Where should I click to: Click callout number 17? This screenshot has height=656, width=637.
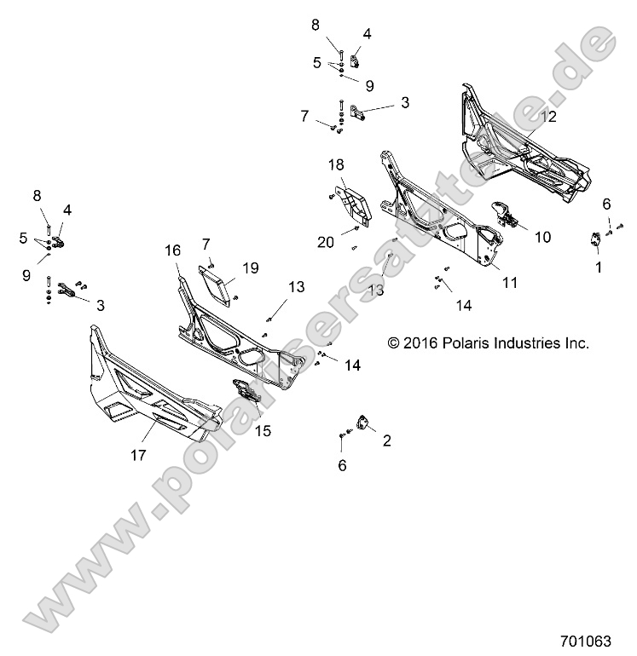[138, 455]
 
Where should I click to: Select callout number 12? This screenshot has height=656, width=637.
[548, 117]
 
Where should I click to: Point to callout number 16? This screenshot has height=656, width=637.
[173, 250]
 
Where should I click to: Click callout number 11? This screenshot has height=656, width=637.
[509, 283]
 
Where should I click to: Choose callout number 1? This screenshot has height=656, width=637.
[598, 267]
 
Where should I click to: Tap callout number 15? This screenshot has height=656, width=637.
[263, 431]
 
